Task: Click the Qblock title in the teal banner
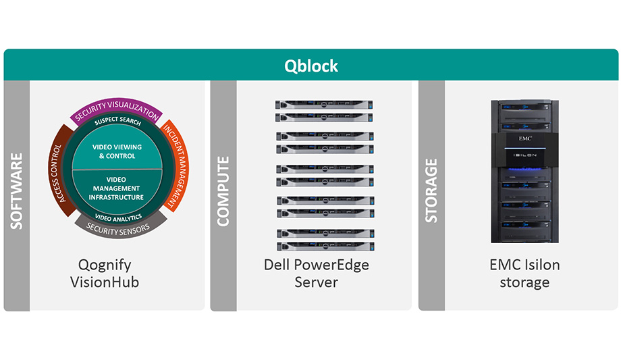[x=310, y=66]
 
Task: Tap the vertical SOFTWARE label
[x=17, y=191]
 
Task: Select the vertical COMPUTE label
[x=223, y=191]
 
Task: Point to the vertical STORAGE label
[x=431, y=191]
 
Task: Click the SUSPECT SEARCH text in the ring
[x=117, y=122]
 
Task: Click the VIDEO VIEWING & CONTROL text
[x=116, y=151]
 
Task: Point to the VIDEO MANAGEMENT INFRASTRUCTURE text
[x=116, y=188]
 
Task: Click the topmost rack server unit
[x=325, y=105]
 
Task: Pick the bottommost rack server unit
[x=325, y=245]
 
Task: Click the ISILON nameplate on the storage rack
[x=524, y=155]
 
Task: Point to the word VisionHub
[x=105, y=282]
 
